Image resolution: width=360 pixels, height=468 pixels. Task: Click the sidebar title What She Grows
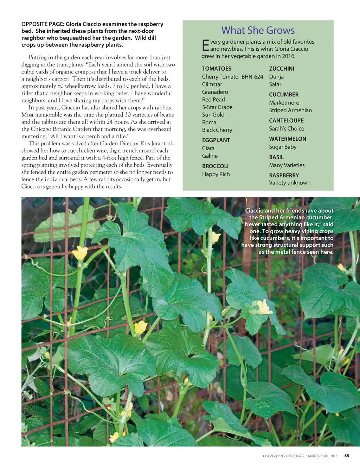click(x=258, y=31)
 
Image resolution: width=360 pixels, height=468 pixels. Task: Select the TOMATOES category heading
click(x=217, y=69)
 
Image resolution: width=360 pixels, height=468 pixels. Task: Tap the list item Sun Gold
click(x=213, y=115)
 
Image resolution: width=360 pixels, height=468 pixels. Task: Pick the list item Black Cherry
click(x=217, y=130)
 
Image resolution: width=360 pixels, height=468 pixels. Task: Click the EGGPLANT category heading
click(x=216, y=140)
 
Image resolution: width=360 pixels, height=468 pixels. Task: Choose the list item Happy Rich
click(x=216, y=174)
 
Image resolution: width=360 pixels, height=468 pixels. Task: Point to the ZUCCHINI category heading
click(x=282, y=69)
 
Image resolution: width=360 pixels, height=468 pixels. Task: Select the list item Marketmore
click(x=284, y=103)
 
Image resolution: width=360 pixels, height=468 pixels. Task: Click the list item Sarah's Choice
click(x=287, y=129)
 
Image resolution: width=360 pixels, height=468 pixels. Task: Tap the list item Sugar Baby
click(x=283, y=147)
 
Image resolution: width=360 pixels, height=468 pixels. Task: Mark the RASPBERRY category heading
click(x=284, y=175)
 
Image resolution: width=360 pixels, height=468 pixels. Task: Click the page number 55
click(x=347, y=456)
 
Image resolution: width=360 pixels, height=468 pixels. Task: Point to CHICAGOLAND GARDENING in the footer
click(x=283, y=456)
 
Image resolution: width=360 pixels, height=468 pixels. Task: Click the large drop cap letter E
click(x=206, y=46)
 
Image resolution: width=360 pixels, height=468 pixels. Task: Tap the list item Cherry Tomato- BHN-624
click(x=232, y=77)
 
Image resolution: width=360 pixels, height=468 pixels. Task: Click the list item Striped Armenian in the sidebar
click(x=290, y=110)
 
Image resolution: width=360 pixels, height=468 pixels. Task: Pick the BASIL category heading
click(x=276, y=157)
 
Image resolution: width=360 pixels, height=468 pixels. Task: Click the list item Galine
click(x=210, y=156)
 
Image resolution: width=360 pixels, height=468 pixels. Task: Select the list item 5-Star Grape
click(x=217, y=107)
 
